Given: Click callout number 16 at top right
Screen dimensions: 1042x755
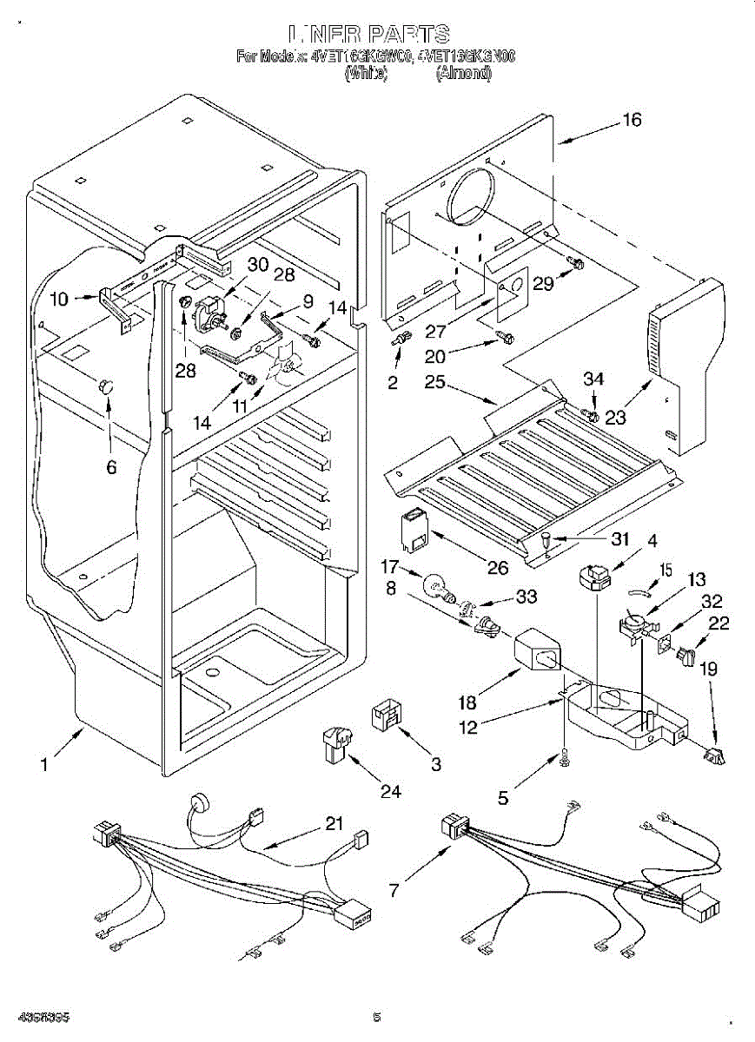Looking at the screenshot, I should [632, 120].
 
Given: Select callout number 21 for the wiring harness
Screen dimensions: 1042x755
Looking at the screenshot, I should [334, 823].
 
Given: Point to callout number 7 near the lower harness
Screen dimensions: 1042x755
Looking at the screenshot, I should [394, 890].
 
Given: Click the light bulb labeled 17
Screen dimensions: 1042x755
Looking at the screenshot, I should [434, 588].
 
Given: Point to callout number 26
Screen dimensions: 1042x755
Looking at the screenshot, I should [497, 569].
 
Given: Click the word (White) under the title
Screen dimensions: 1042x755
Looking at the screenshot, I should [365, 75].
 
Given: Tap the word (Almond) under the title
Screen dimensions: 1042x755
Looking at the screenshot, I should [463, 75].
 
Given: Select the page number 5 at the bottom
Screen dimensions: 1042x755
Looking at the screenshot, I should [376, 1017].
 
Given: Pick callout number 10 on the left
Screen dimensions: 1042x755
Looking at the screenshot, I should [59, 300].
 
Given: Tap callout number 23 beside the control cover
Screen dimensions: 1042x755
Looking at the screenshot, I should [615, 418].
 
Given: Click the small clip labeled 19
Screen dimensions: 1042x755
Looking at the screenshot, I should [715, 756].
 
